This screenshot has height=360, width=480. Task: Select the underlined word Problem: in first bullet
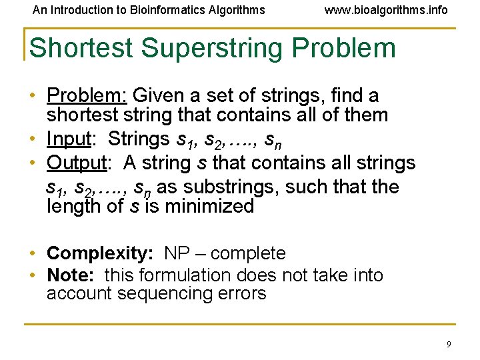pyautogui.click(x=85, y=95)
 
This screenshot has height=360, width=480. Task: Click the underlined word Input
pyautogui.click(x=69, y=139)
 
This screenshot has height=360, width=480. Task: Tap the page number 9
pyautogui.click(x=449, y=344)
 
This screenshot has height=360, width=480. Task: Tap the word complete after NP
pyautogui.click(x=247, y=254)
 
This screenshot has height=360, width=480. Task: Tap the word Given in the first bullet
pyautogui.click(x=155, y=95)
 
